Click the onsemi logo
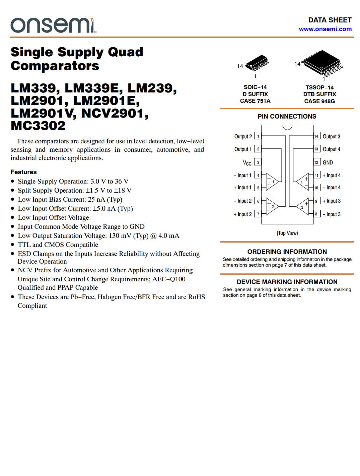point(53,25)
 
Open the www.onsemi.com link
point(325,29)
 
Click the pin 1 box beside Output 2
point(258,136)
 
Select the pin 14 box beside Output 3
point(316,136)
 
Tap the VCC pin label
point(247,163)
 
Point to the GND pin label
point(328,162)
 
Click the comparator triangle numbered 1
point(272,182)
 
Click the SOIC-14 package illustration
point(257,64)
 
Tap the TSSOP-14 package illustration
point(322,63)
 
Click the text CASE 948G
point(319,101)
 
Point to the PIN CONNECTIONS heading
point(287,117)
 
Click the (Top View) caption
point(287,233)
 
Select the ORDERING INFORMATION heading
point(287,252)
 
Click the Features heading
point(23,172)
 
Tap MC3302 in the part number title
point(38,126)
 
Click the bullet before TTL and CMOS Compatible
point(13,245)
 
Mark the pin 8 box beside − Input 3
point(316,214)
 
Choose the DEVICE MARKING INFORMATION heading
point(287,282)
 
